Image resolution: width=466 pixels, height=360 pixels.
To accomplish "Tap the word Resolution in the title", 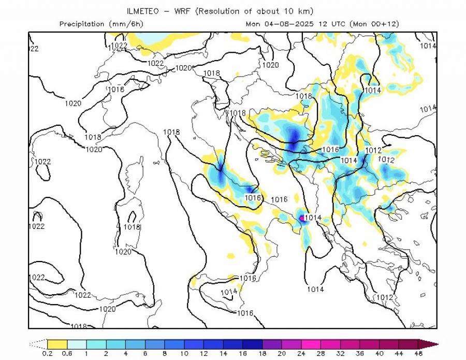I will (x=225, y=11).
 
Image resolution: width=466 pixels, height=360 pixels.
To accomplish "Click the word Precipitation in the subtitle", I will (x=82, y=24).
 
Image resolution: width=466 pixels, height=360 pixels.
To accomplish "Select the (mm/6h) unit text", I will (x=126, y=24).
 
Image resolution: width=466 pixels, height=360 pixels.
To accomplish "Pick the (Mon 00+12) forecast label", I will (x=374, y=24).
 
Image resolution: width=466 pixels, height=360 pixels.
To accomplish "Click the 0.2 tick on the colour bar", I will (x=48, y=353).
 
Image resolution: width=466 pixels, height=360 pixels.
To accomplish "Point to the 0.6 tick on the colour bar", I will (x=67, y=353).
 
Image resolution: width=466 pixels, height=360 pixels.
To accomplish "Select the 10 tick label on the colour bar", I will (x=184, y=353).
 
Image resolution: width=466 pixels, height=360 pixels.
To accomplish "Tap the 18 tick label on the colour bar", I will (x=262, y=353).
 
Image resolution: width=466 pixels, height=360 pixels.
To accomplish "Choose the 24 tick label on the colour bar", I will (x=301, y=353).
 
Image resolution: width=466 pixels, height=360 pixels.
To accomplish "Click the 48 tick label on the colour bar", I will (x=418, y=353).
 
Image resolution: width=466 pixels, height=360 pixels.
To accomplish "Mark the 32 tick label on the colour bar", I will (x=340, y=353).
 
